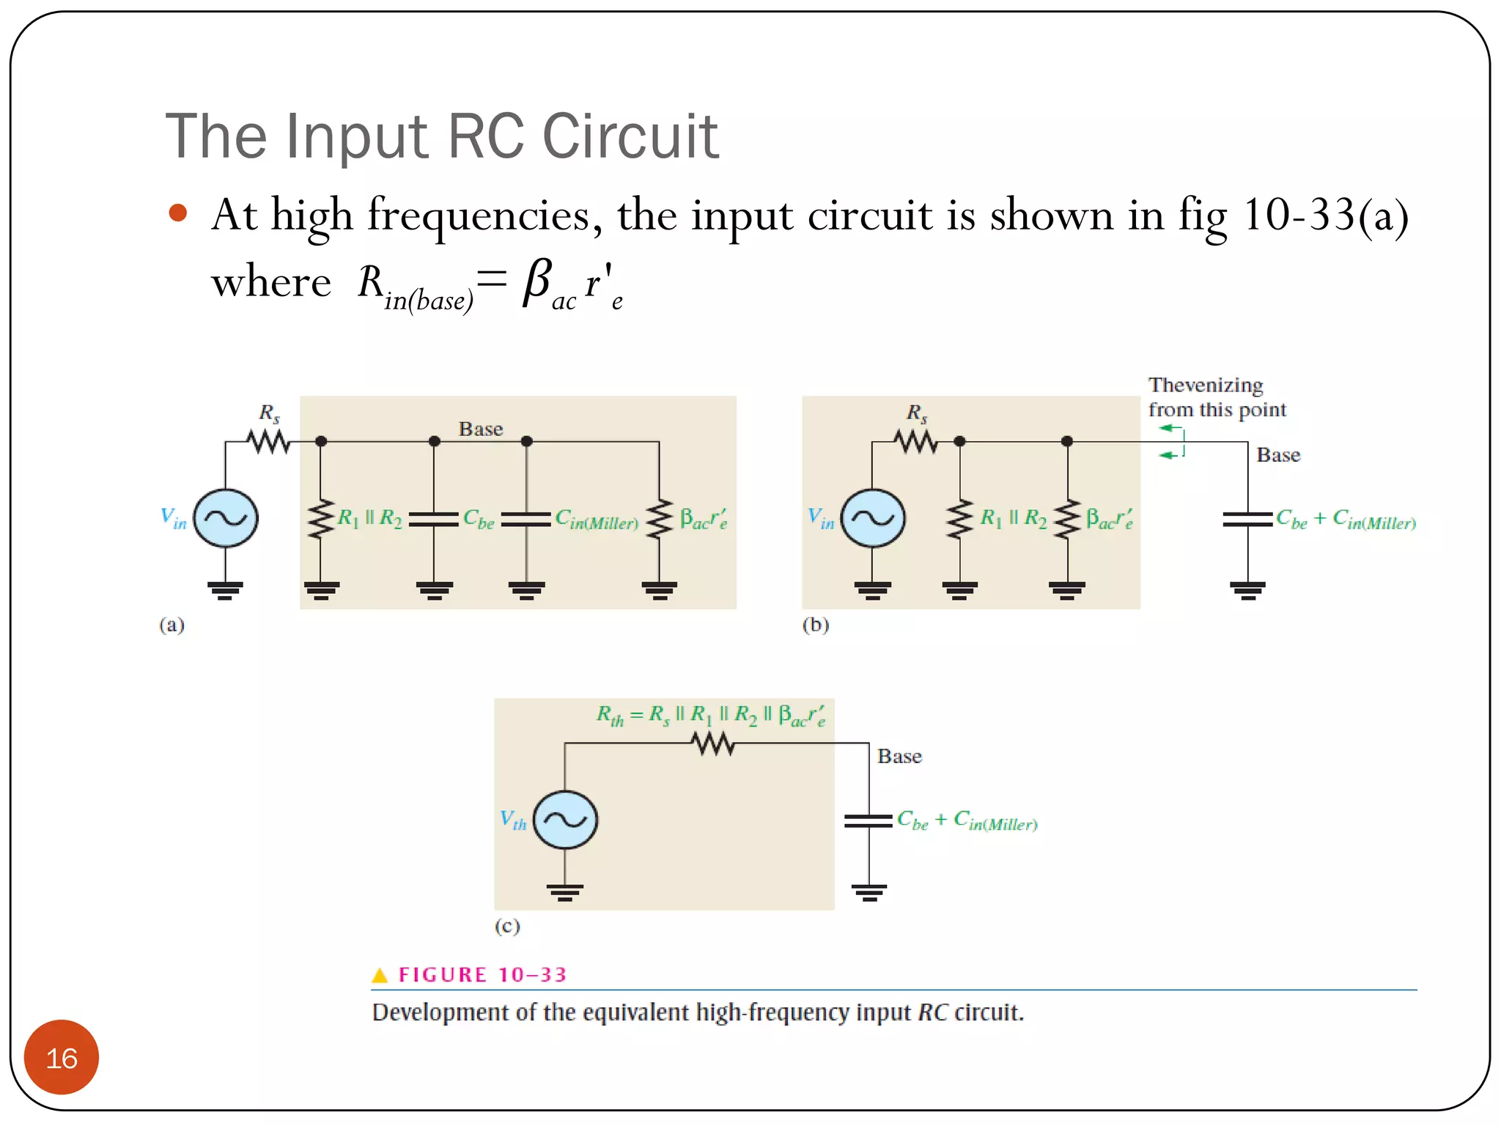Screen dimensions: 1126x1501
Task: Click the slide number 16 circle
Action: (x=62, y=1057)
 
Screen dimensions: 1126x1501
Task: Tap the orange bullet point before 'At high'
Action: (x=178, y=213)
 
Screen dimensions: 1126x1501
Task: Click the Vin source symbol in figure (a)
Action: (x=226, y=518)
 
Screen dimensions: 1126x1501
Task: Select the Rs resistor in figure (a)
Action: (x=269, y=441)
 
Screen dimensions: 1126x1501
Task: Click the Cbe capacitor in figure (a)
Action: (x=434, y=519)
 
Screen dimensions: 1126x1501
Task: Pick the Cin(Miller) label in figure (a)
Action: (x=597, y=520)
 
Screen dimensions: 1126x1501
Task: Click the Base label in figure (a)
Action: (x=481, y=429)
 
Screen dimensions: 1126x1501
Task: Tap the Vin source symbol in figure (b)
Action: (x=873, y=518)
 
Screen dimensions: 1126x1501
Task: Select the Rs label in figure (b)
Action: (x=917, y=413)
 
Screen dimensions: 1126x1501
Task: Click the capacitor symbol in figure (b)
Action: (x=1247, y=519)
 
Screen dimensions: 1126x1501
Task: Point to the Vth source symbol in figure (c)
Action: (x=565, y=820)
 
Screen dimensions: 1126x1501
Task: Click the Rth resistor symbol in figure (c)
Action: (x=713, y=744)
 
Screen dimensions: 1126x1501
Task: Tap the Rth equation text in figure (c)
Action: (x=710, y=715)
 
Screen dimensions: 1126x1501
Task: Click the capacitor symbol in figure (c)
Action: (x=868, y=820)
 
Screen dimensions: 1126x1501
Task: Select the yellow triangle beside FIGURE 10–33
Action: (x=380, y=975)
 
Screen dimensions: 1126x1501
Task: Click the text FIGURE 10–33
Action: (x=482, y=975)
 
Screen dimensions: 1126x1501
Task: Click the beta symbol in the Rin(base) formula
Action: (x=536, y=282)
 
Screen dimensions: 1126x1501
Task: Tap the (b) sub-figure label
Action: (x=815, y=625)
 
